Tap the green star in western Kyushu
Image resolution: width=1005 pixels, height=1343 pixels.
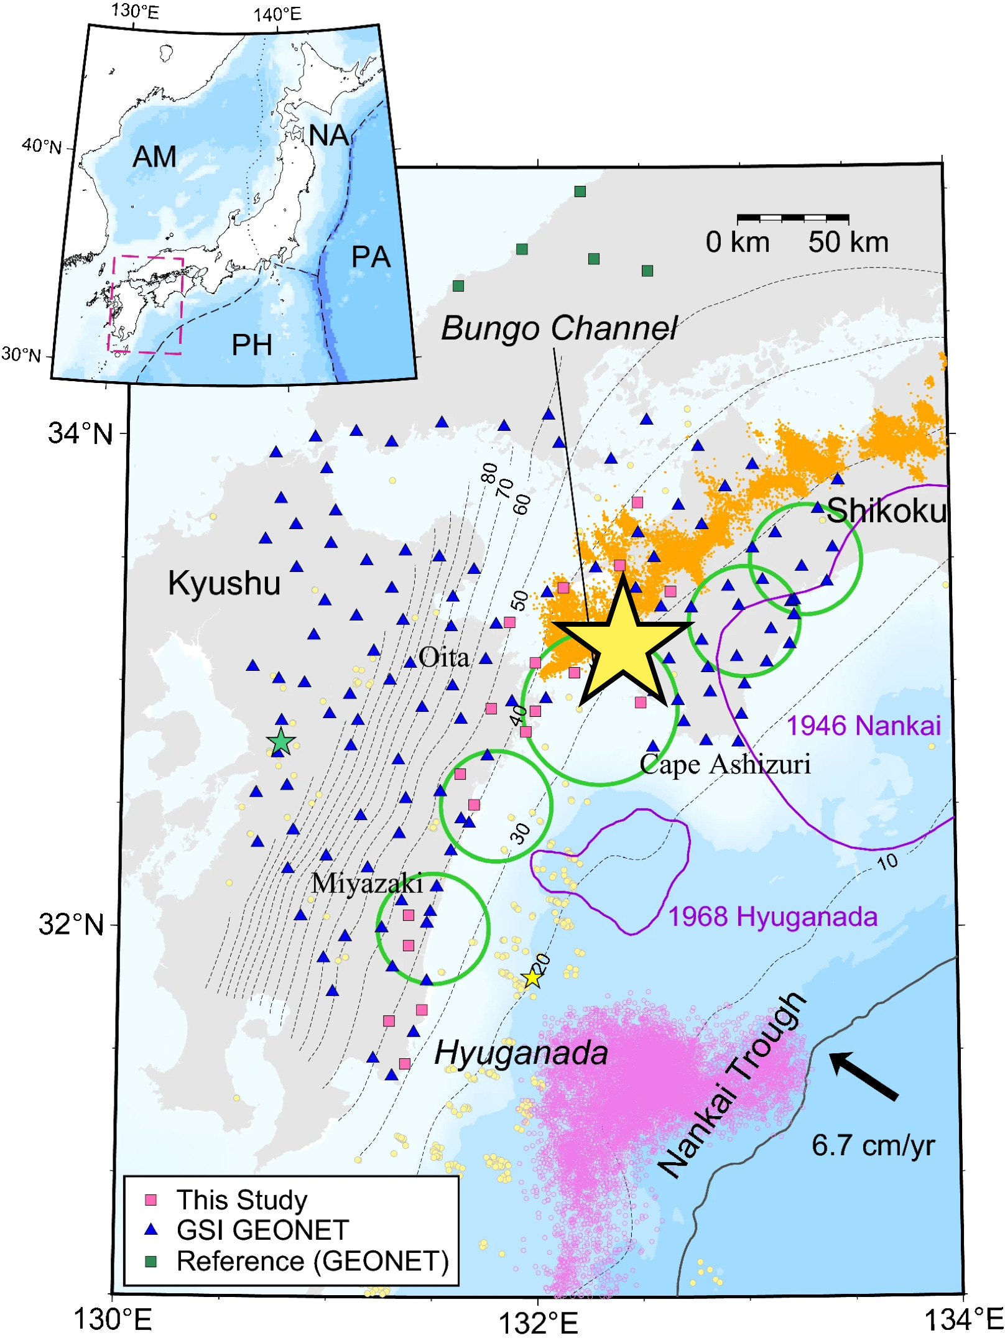click(281, 742)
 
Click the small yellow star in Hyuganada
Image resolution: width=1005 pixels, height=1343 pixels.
click(532, 978)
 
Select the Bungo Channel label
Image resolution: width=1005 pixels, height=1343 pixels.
click(558, 328)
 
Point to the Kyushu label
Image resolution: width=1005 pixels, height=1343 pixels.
click(224, 583)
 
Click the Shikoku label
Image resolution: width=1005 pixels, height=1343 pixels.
click(886, 510)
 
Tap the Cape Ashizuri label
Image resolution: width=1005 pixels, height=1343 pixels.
click(725, 764)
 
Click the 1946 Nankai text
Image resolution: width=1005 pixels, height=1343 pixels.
click(864, 726)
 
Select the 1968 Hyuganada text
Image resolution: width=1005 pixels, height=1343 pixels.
click(772, 916)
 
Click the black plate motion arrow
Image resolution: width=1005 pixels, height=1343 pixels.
click(864, 1076)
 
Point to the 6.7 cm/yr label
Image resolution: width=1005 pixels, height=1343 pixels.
click(873, 1145)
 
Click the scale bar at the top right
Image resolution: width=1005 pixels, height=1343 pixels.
click(793, 218)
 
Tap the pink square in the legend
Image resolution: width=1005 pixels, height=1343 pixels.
click(151, 1200)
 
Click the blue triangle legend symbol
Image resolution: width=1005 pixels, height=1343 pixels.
click(151, 1230)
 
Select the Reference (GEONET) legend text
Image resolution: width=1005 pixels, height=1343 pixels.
click(312, 1262)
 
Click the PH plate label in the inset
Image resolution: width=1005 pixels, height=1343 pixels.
click(252, 345)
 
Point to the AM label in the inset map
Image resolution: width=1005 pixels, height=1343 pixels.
click(154, 157)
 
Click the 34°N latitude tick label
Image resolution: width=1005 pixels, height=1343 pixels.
click(81, 433)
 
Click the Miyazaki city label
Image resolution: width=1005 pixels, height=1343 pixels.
click(367, 883)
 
